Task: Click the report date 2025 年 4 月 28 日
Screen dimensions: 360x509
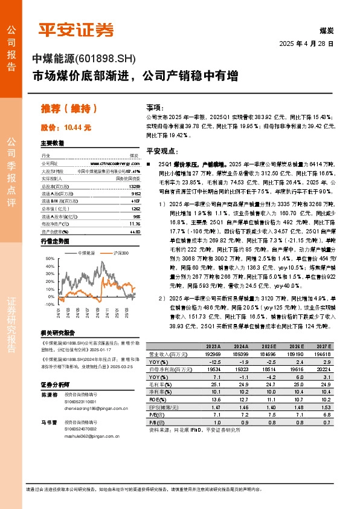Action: (x=306, y=44)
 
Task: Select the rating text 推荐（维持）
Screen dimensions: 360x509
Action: (x=69, y=109)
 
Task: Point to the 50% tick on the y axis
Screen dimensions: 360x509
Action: (x=50, y=259)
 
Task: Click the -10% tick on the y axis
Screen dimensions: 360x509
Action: (x=49, y=305)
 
